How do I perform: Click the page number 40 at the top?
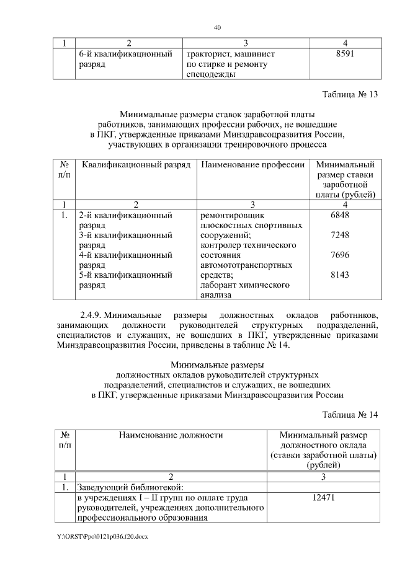pos(217,27)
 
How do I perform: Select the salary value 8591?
pos(344,55)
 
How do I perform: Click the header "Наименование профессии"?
pos(252,166)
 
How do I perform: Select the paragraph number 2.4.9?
pos(95,315)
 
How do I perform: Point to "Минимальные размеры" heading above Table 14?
pos(217,364)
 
